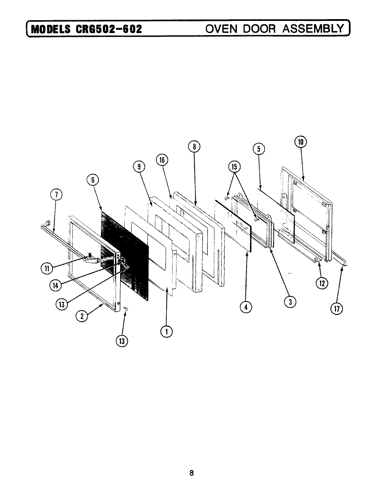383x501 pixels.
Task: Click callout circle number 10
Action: [300, 142]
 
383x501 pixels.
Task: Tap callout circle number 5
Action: [259, 149]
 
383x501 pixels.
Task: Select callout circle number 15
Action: [234, 167]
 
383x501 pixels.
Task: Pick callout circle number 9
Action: [139, 167]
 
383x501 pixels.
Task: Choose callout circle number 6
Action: [93, 180]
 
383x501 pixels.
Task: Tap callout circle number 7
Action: [57, 195]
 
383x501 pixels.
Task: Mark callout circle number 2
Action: [81, 316]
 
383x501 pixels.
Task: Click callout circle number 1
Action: [166, 331]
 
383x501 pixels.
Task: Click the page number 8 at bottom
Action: [191, 473]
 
